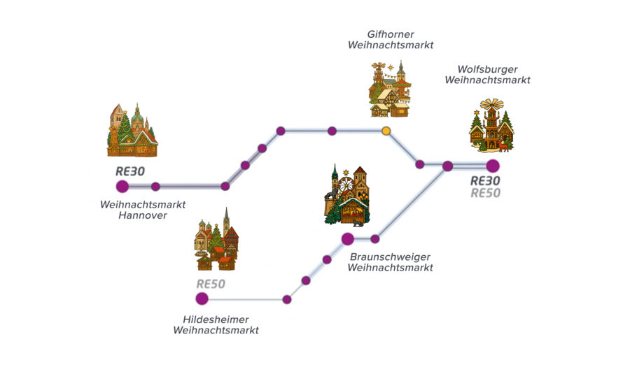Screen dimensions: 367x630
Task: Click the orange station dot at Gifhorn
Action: (x=386, y=131)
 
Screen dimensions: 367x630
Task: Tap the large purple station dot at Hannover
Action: (x=122, y=186)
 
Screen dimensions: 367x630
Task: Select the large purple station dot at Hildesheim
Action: (x=202, y=298)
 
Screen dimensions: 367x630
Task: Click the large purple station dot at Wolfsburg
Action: (x=493, y=166)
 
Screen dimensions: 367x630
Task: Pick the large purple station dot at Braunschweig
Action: (x=347, y=239)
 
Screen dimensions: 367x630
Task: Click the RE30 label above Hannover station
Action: (x=130, y=171)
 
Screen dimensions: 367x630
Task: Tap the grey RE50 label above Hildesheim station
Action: (x=211, y=284)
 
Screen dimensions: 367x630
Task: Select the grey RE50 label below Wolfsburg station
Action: (x=485, y=194)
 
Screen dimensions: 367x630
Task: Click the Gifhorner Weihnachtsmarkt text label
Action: (x=390, y=39)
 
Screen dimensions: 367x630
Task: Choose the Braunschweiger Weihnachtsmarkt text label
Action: (x=390, y=262)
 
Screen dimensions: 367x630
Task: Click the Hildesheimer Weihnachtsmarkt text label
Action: (x=216, y=324)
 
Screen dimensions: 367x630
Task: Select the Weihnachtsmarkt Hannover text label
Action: (x=143, y=210)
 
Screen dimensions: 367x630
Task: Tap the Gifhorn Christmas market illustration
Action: (x=390, y=89)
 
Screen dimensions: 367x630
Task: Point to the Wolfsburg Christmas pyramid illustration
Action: (x=491, y=126)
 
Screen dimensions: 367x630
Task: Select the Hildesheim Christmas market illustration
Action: (x=216, y=241)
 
